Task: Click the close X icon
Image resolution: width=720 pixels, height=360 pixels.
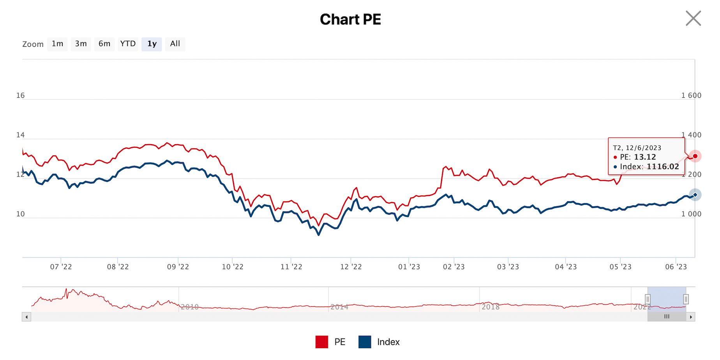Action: point(693,18)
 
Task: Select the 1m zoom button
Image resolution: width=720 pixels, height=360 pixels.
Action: point(57,44)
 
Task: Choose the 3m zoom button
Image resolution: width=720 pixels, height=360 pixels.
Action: point(81,44)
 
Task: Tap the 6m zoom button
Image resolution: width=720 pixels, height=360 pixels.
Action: point(104,44)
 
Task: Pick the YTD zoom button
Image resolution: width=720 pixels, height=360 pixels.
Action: point(128,44)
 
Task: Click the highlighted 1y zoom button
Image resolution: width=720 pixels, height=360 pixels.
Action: point(152,44)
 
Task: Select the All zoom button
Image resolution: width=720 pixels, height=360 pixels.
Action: point(175,44)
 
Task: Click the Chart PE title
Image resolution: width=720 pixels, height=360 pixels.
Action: point(350,19)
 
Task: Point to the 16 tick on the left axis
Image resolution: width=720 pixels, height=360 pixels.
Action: point(20,95)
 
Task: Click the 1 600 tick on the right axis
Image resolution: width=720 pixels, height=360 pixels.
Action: point(691,95)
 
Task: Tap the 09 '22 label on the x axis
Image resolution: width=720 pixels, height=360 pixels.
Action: point(178,267)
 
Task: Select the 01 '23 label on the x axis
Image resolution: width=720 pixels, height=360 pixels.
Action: point(409,267)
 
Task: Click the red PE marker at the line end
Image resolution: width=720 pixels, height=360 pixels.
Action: point(695,156)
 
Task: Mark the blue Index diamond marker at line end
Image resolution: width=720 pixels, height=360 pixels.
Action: point(695,195)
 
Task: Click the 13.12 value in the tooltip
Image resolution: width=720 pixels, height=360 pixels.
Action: point(645,157)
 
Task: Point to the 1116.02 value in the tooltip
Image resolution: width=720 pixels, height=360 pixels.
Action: point(663,167)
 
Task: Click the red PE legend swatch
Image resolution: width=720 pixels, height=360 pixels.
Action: point(322,342)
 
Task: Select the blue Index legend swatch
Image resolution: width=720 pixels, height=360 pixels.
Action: point(365,342)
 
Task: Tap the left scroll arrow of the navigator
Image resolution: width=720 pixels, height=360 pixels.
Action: point(26,317)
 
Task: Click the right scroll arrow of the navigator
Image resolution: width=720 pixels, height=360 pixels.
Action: point(691,317)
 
